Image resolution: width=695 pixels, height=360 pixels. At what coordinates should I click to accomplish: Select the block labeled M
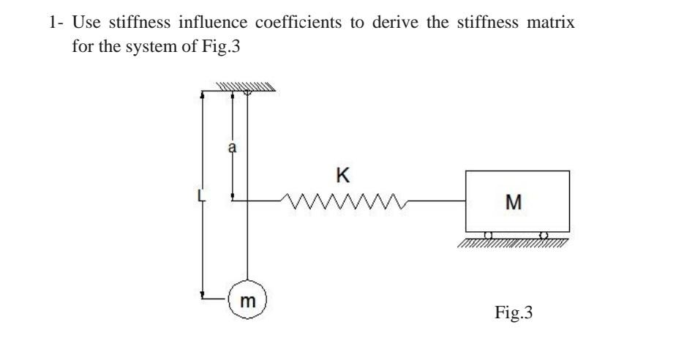tap(516, 200)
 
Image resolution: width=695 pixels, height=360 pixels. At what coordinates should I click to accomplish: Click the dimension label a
tap(233, 147)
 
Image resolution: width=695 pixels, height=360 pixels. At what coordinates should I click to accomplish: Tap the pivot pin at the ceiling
tap(247, 92)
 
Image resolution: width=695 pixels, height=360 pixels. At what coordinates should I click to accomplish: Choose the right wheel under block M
tap(543, 235)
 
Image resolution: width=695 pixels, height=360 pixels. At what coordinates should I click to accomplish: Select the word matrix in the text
tap(555, 22)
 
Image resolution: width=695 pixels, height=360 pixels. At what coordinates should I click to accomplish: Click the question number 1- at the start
tap(56, 22)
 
